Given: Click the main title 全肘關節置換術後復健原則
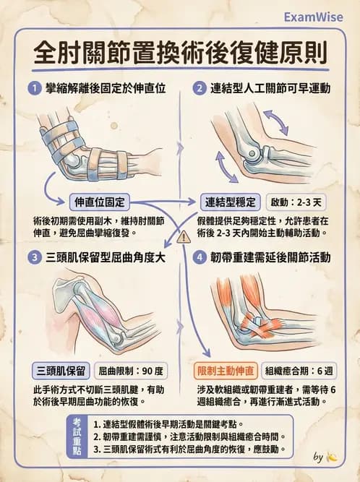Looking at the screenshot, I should [x=180, y=53].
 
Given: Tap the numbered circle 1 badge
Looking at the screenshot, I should [x=33, y=89].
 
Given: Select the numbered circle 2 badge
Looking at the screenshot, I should [x=198, y=89].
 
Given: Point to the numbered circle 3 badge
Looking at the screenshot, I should [x=33, y=257].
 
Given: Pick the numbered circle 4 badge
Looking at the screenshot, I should [x=198, y=257].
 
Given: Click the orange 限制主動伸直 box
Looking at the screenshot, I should [x=226, y=371].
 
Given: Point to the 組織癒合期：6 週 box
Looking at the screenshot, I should [x=298, y=371].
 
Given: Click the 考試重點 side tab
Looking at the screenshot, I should [x=78, y=434].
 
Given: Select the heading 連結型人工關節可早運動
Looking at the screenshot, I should [x=270, y=89].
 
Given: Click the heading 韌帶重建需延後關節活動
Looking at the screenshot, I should [x=270, y=257].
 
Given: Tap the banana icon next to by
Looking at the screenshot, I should [x=332, y=457].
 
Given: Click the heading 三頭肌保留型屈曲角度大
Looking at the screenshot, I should [x=105, y=257].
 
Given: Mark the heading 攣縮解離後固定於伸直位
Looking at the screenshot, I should [x=106, y=89].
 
